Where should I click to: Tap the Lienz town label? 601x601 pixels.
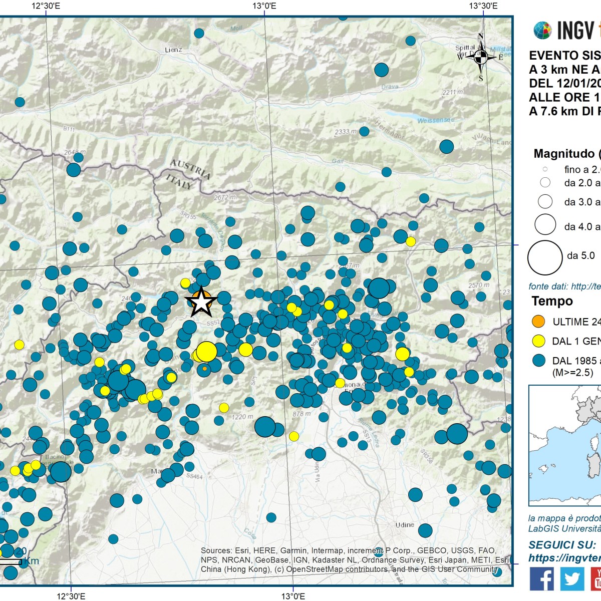[173, 50]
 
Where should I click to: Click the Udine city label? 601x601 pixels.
[404, 525]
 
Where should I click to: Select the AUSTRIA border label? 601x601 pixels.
[190, 169]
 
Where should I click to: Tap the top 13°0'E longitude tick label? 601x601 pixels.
[264, 6]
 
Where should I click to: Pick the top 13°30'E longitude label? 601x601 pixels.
[483, 6]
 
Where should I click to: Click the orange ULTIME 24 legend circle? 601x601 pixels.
[538, 322]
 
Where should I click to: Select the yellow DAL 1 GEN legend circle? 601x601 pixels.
[538, 341]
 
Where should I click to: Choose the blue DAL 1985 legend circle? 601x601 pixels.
[538, 361]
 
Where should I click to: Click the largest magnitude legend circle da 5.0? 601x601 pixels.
[545, 257]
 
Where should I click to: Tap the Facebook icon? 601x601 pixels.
[541, 579]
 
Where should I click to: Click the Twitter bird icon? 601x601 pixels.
[571, 579]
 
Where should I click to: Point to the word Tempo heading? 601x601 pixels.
[552, 301]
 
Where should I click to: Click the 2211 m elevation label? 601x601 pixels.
[453, 92]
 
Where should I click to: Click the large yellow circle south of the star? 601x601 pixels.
[206, 352]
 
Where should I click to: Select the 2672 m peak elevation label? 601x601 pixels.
[224, 197]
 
